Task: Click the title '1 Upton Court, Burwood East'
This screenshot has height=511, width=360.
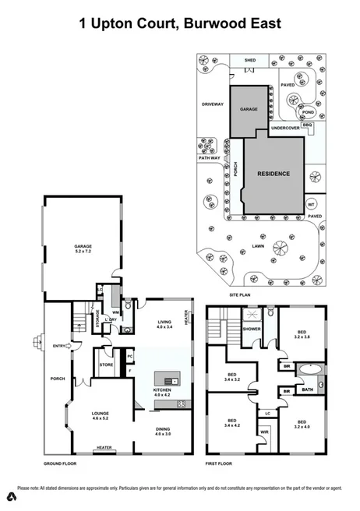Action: pyautogui.click(x=180, y=24)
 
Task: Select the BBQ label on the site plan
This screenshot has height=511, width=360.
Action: pyautogui.click(x=306, y=124)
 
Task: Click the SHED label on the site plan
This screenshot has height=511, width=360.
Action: pyautogui.click(x=250, y=60)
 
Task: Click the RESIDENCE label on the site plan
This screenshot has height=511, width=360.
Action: pyautogui.click(x=274, y=174)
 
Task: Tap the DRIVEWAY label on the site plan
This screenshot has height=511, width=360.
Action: pyautogui.click(x=213, y=104)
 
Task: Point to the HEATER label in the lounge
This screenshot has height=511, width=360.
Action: pyautogui.click(x=104, y=447)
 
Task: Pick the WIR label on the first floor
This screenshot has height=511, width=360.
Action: pyautogui.click(x=263, y=430)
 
